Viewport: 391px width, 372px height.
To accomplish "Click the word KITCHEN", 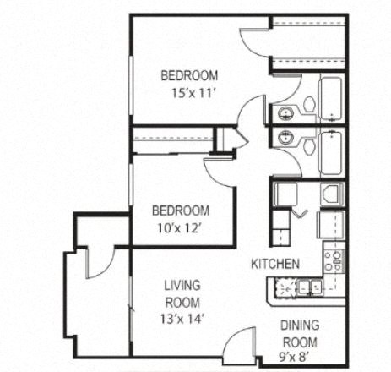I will (x=274, y=265).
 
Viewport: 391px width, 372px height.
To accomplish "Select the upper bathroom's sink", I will (x=284, y=112).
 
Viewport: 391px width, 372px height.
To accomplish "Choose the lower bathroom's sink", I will (x=284, y=137).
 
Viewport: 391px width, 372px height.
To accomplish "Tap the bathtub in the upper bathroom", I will (x=332, y=100).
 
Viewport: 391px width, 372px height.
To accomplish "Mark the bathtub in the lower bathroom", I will (x=332, y=152).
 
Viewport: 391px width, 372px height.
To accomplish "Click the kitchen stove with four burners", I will (x=334, y=257).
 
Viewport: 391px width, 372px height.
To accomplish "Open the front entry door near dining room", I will (x=241, y=342).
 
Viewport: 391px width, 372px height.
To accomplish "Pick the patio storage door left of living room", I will (x=95, y=260).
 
